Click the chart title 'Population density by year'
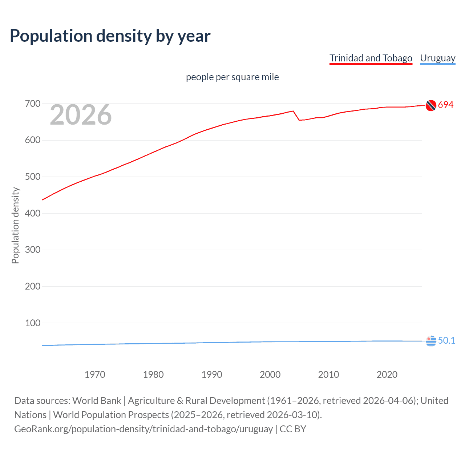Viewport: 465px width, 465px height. (110, 36)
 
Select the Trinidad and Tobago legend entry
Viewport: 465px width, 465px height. (371, 58)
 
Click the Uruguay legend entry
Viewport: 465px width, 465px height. (437, 58)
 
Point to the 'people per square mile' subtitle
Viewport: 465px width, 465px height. (232, 77)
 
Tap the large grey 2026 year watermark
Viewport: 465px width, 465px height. (81, 115)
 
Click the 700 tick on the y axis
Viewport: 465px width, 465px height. (33, 104)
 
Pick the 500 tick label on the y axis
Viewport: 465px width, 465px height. (33, 177)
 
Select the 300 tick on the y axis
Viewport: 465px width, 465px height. (33, 250)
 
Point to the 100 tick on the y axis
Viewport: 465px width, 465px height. (33, 323)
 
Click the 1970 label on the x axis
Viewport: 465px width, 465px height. (95, 375)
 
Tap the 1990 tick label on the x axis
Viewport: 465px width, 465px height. (212, 375)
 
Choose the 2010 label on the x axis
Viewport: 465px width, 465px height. (328, 375)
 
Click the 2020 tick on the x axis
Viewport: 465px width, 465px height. (387, 375)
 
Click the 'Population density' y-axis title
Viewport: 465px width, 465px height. (15, 225)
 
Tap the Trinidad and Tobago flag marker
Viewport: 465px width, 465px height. (431, 105)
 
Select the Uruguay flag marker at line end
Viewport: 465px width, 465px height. (431, 341)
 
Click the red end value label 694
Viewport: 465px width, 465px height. (446, 105)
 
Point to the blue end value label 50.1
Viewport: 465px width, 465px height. (446, 340)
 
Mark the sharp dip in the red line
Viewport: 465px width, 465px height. (299, 120)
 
